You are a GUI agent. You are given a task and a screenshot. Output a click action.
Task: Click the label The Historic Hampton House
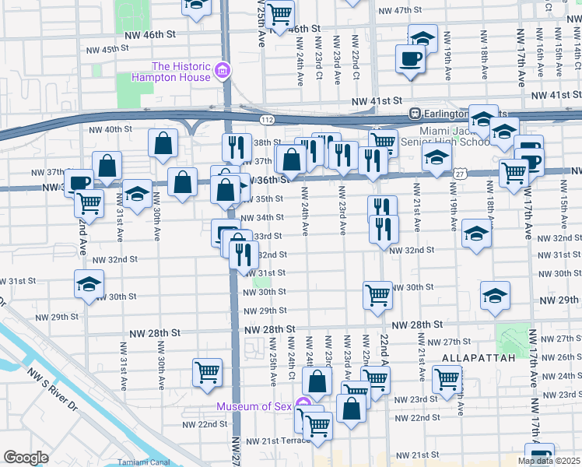[181, 72]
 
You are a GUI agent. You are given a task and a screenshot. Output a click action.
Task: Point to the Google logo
[25, 458]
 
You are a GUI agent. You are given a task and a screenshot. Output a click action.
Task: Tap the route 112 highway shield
[268, 120]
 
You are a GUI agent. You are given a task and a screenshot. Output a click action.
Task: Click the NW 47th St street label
[404, 10]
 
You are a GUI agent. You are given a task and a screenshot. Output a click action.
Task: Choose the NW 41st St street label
[377, 101]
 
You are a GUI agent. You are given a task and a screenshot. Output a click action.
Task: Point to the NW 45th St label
[107, 48]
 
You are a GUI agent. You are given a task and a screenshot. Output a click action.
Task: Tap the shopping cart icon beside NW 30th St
[377, 294]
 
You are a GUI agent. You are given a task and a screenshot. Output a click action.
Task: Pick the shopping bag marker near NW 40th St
[163, 142]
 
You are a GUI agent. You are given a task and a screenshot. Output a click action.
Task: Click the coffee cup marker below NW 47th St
[410, 58]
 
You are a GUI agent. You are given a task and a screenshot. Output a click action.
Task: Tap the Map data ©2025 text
[549, 461]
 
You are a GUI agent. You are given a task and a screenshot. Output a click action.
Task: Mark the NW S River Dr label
[54, 389]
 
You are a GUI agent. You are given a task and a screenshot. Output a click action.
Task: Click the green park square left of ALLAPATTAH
[512, 340]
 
